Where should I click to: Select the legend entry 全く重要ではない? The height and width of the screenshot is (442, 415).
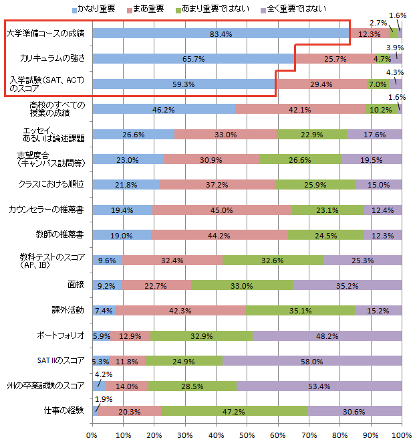pos(298,9)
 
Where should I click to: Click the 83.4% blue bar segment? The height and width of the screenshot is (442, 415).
pos(221,33)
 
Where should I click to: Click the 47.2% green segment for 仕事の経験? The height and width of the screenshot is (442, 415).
pos(234,411)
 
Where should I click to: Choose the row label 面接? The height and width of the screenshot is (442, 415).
pos(75,284)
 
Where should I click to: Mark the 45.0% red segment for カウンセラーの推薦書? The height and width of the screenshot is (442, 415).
pos(222,210)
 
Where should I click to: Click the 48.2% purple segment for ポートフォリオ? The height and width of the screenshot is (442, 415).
pos(327,335)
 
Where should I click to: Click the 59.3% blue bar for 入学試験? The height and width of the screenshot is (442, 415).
pos(184,84)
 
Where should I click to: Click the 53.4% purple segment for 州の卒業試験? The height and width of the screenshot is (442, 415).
pos(319,386)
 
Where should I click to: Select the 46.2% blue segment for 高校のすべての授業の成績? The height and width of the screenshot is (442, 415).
pos(164,108)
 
